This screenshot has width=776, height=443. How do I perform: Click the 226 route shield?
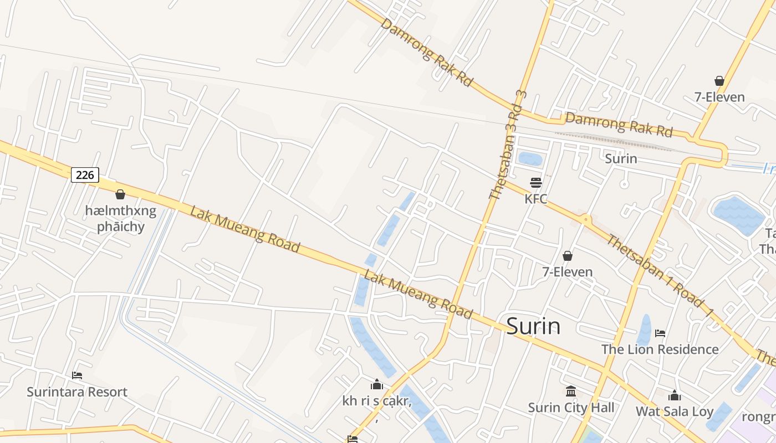coord(85,175)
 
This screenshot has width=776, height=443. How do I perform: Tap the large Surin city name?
coord(533,326)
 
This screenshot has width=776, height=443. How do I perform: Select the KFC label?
coord(536,199)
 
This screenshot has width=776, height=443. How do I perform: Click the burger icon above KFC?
coord(535,182)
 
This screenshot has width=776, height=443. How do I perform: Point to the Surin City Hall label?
coord(571,408)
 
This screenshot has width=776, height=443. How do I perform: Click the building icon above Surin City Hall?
coord(571,392)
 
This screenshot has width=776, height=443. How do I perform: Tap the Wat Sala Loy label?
coord(675,411)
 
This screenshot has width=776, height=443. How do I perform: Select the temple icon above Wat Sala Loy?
coord(675,395)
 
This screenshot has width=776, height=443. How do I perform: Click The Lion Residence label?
coord(660,349)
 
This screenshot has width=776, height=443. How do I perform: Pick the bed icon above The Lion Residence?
coord(660,333)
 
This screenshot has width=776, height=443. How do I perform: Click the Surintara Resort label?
coord(77,392)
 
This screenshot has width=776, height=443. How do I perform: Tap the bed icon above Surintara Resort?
coord(77,375)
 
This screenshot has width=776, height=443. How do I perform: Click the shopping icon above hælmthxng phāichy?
coord(120,194)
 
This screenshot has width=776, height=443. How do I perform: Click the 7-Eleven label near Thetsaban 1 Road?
coord(568,272)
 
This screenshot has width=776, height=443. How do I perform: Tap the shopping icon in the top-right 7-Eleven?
coord(719,81)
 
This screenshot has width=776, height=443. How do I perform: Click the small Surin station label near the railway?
coord(621,159)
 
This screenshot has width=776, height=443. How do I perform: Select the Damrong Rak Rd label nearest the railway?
coord(619,125)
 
